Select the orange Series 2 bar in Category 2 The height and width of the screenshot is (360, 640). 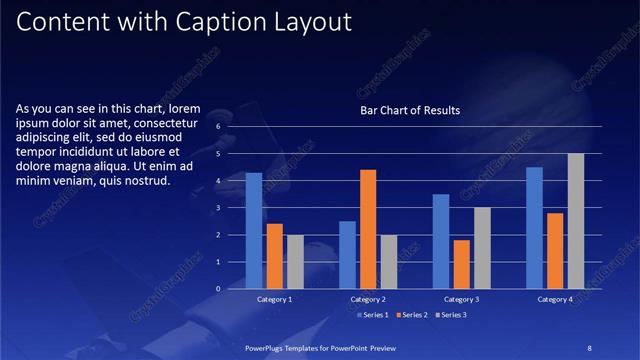click(367, 229)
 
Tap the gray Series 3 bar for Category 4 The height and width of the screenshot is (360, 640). click(575, 221)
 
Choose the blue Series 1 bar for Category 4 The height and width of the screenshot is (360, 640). click(535, 228)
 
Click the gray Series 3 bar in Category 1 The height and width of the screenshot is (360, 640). click(294, 262)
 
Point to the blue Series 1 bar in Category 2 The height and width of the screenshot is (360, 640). click(347, 255)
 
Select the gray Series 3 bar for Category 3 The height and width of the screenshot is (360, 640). click(481, 248)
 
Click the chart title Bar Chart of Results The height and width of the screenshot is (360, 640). click(410, 111)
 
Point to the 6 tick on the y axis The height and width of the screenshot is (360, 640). click(218, 128)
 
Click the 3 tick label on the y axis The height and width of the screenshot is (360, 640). click(218, 208)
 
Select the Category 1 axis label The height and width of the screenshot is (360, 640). click(274, 299)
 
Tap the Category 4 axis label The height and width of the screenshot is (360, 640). click(555, 299)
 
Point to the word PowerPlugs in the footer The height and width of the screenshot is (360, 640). click(268, 346)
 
